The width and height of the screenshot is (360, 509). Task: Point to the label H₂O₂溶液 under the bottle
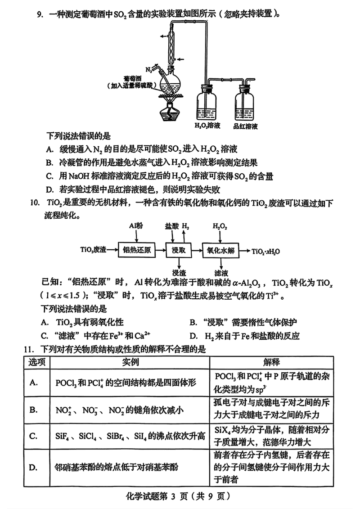(207, 126)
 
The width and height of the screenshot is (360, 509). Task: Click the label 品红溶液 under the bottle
(246, 126)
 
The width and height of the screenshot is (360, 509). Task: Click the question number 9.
(40, 14)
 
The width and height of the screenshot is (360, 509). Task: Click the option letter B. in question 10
(194, 322)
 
